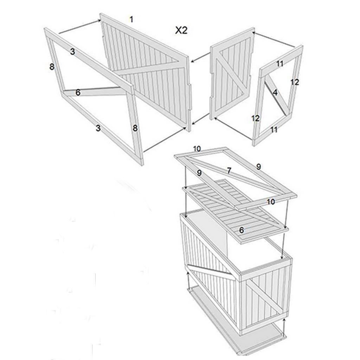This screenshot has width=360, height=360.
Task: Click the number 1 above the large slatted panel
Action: [131, 19]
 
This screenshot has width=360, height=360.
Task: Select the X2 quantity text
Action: [181, 30]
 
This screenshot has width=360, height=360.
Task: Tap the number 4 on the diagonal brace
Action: [275, 92]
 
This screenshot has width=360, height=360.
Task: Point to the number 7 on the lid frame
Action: [229, 171]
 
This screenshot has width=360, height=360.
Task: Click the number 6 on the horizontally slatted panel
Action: [241, 230]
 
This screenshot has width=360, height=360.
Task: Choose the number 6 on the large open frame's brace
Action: [78, 92]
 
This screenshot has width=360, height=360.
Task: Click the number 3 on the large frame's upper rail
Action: [72, 52]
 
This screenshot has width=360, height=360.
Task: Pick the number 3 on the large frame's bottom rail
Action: [98, 128]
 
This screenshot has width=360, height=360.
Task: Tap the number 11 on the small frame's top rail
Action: [279, 64]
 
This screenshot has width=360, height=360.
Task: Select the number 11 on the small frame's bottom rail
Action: [274, 130]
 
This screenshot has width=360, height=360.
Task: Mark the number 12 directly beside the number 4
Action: [295, 82]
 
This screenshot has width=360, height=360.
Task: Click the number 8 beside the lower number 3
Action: [135, 128]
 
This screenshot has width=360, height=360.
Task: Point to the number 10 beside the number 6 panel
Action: [271, 202]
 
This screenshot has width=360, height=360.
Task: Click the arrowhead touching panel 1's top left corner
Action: [99, 21]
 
